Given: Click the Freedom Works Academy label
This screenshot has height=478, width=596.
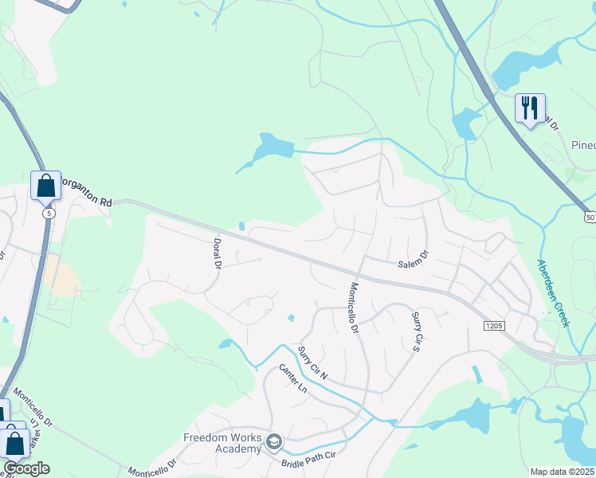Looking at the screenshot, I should pos(222,443).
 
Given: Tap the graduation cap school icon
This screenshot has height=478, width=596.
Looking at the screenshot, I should pos(273,441).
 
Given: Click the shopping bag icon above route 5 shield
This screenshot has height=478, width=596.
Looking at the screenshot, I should pos(46,186).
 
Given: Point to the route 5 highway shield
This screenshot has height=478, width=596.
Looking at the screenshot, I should pos(49,214).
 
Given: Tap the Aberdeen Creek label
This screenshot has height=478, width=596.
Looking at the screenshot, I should pos(553,293).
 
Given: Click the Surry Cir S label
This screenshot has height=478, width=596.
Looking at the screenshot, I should pos(415,331).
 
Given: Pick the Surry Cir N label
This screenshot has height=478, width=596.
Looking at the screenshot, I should pos(312,362).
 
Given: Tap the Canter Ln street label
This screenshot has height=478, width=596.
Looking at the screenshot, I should pos(292,378).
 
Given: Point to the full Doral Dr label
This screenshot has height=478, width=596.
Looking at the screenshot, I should pos(216,253).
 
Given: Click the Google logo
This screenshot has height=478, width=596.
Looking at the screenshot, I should pos(26,468).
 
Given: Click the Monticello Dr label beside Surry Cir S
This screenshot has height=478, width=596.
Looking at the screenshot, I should pos(355,308).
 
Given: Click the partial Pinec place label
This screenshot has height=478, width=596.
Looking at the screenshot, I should pos(583,145).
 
